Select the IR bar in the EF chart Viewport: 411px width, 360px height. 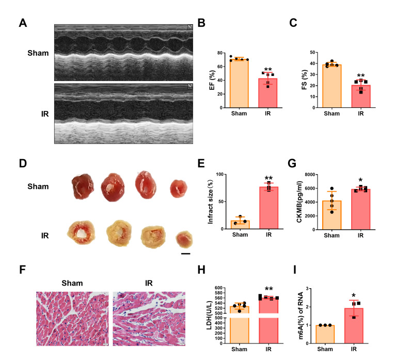coord(267,93)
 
